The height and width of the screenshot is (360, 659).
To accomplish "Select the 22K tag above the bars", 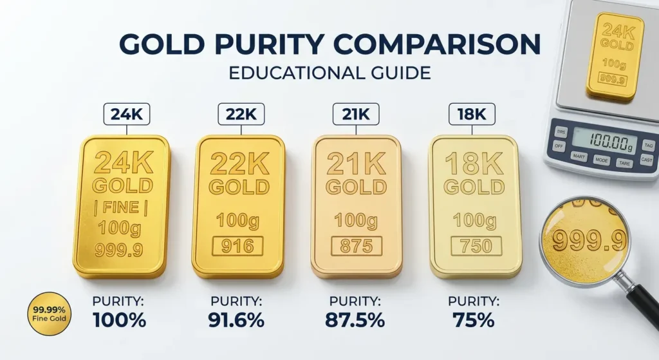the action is pos(241,114).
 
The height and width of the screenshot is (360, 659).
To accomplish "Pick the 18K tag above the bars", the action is pos(472,114).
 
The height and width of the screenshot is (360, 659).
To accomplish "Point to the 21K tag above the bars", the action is pos(356,114).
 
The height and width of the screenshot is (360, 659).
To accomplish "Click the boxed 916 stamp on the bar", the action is pos(238,246).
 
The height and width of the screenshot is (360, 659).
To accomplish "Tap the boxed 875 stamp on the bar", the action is pos(357,246).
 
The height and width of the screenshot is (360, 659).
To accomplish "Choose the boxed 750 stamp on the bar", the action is pos(476,246).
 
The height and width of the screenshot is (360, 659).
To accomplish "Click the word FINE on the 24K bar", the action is pos(120,207).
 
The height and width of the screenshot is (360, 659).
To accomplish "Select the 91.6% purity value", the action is pos(236,321).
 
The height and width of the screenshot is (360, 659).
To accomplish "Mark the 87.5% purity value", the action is pos(355,321).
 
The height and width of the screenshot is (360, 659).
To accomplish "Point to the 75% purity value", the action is pos(474,321).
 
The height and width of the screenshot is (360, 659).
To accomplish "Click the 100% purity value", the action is pos(119,321).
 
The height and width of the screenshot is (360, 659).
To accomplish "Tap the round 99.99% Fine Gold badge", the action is pos(49,314).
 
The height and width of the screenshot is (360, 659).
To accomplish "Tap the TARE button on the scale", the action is pos(624,163).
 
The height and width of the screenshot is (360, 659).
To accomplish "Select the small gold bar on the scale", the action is pos(615,56).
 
